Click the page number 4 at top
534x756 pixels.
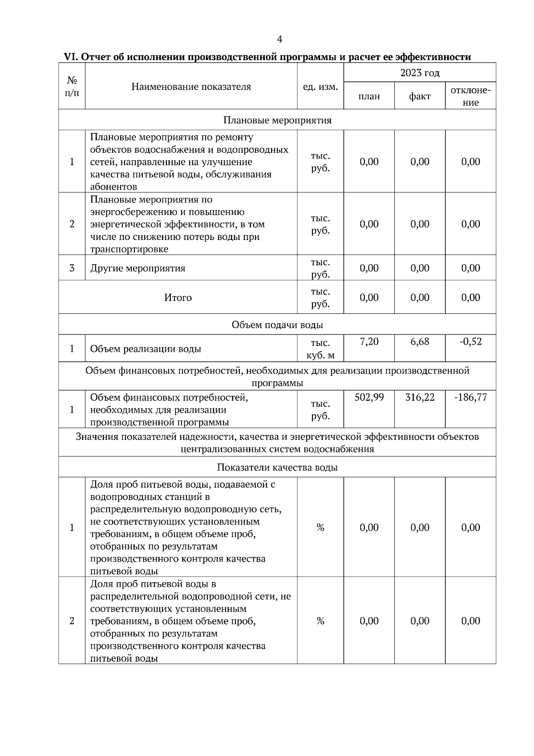(279, 40)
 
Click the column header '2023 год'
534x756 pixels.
(420, 73)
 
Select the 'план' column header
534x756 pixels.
(369, 97)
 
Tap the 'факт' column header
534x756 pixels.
(420, 97)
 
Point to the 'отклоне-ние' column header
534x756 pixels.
(470, 96)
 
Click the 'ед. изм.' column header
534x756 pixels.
(320, 87)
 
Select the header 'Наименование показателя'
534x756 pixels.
(191, 87)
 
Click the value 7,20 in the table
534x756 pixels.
(369, 341)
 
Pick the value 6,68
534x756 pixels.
(420, 341)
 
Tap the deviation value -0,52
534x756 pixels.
(470, 341)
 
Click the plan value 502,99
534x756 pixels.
(369, 397)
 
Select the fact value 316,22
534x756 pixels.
(420, 397)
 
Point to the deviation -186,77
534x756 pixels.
(470, 397)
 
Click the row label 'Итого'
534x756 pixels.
(178, 297)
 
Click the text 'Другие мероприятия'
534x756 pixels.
(138, 268)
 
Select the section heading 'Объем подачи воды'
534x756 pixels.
(277, 325)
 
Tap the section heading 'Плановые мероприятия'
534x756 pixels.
(277, 120)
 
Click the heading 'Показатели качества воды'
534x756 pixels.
(277, 467)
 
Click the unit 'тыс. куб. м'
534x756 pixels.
(320, 349)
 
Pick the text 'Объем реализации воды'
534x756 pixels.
(146, 349)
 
